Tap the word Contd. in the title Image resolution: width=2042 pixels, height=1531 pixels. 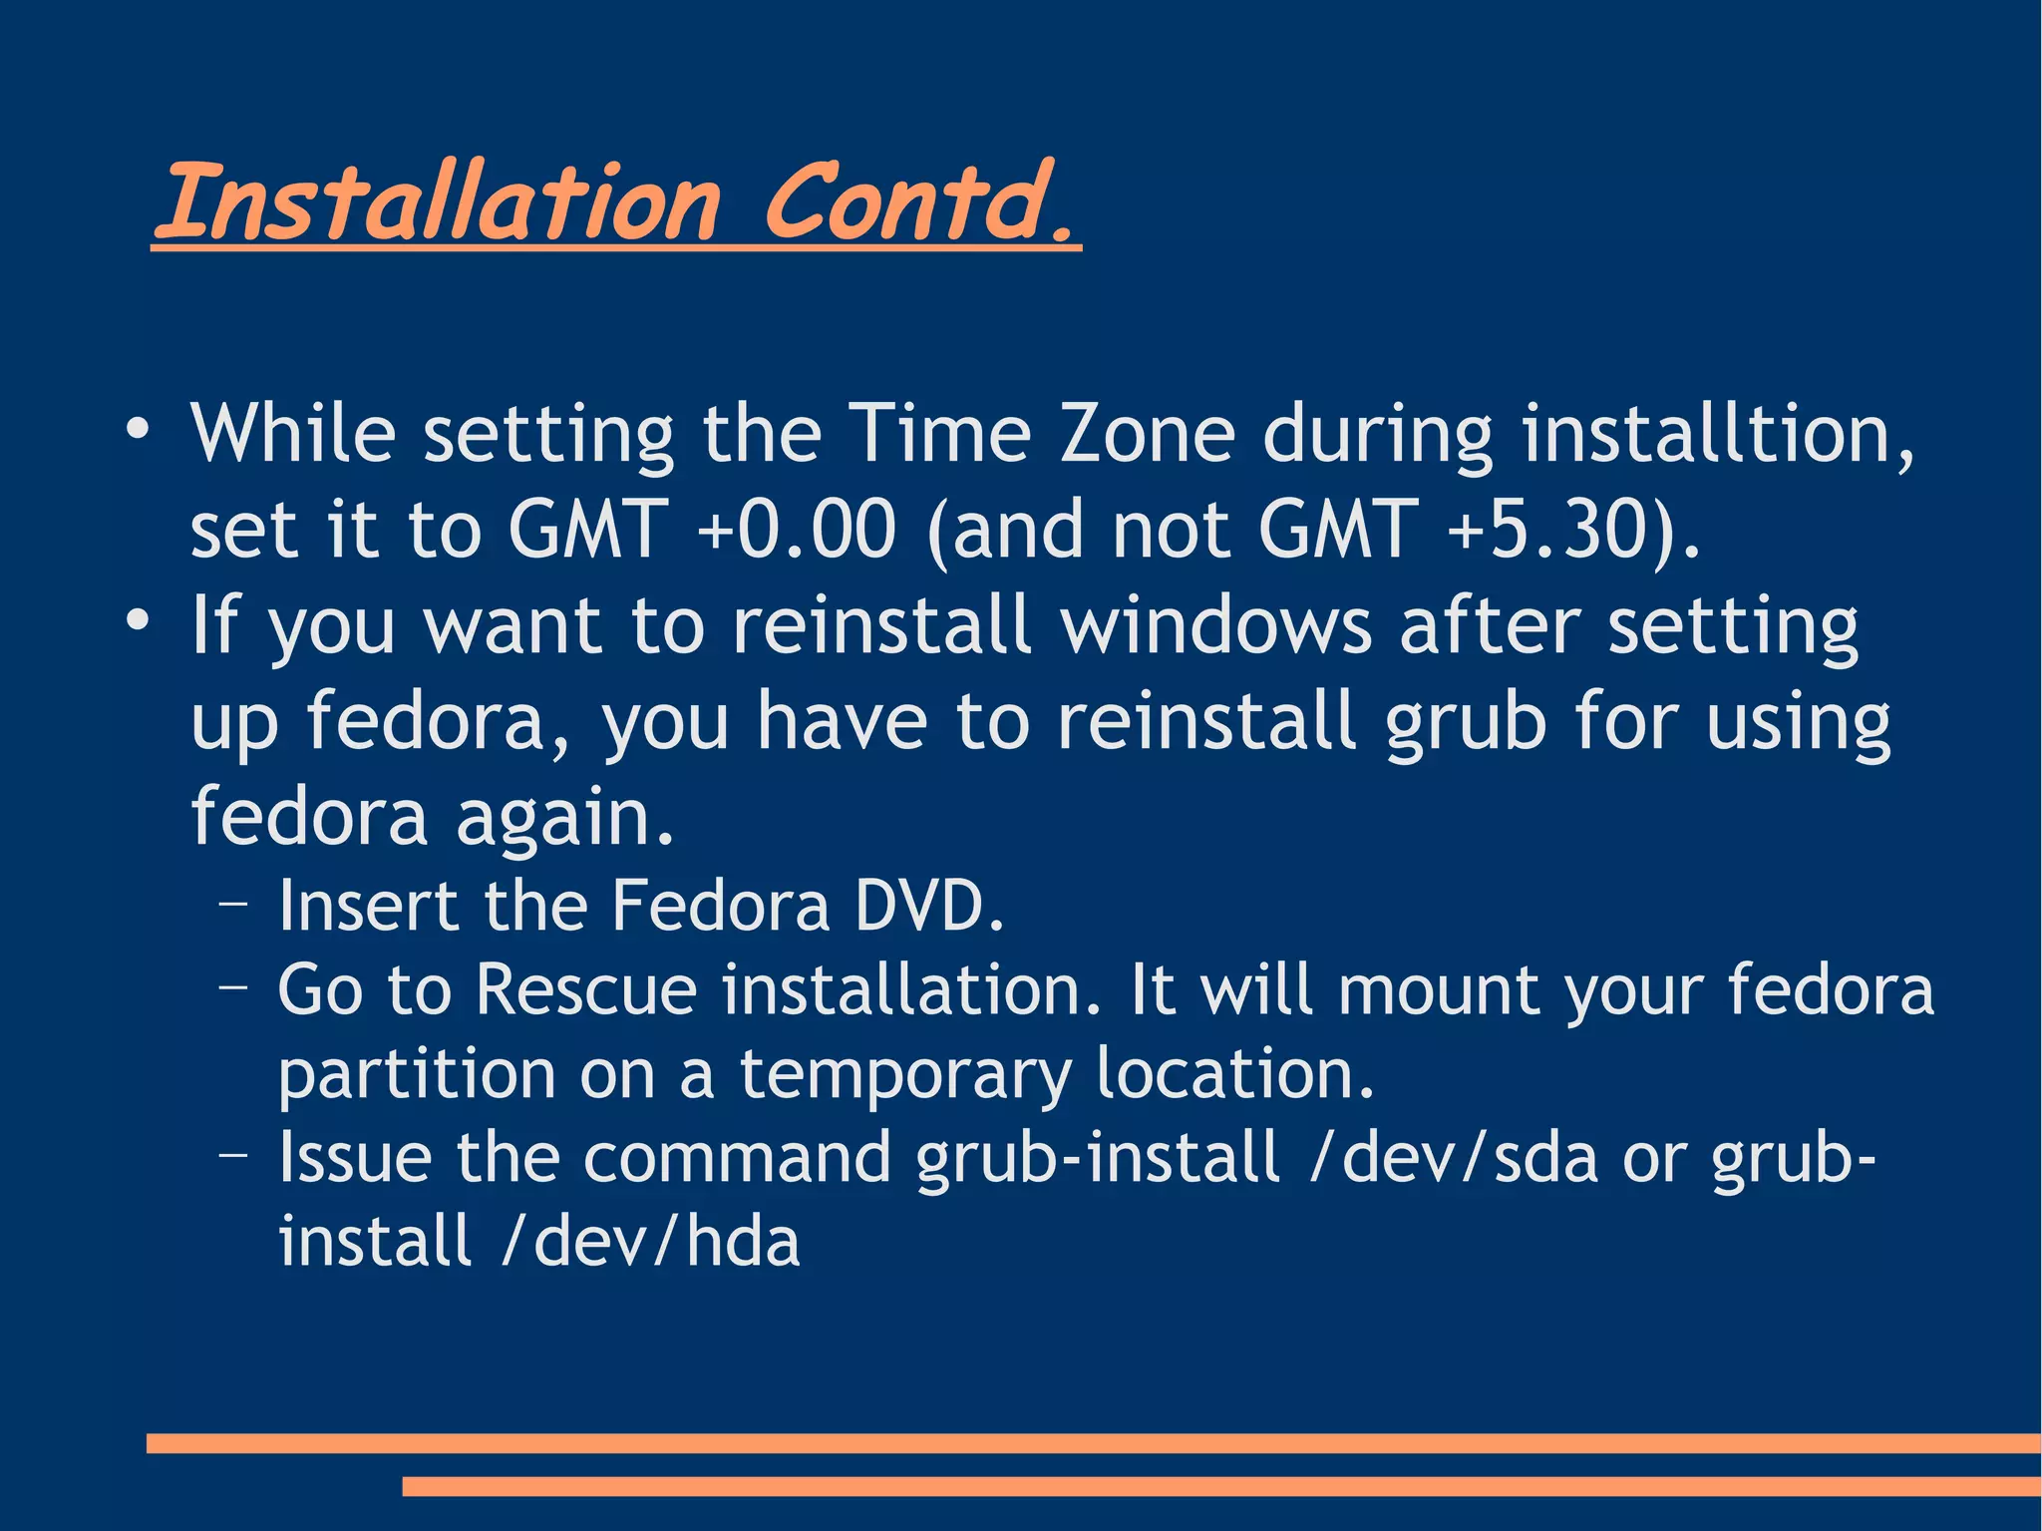pyautogui.click(x=919, y=202)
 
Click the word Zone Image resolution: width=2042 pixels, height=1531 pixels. pyautogui.click(x=1147, y=434)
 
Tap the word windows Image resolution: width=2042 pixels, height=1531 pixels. pyautogui.click(x=1216, y=625)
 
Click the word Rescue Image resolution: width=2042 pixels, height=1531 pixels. pyautogui.click(x=586, y=989)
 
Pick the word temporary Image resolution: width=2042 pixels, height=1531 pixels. pyautogui.click(x=905, y=1075)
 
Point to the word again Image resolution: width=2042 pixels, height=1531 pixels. pyautogui.click(x=565, y=817)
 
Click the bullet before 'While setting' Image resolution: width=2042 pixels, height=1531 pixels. pyautogui.click(x=138, y=430)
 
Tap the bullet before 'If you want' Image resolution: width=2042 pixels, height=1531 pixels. pyautogui.click(x=138, y=621)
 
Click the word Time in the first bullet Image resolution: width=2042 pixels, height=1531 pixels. pyautogui.click(x=939, y=434)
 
